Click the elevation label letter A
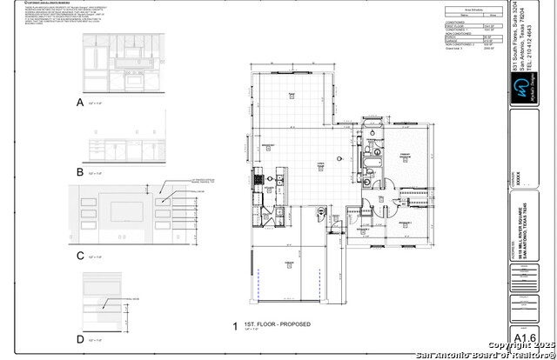80,102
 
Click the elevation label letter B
80,172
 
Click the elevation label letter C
80,256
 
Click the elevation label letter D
80,338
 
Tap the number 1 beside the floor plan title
234,326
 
